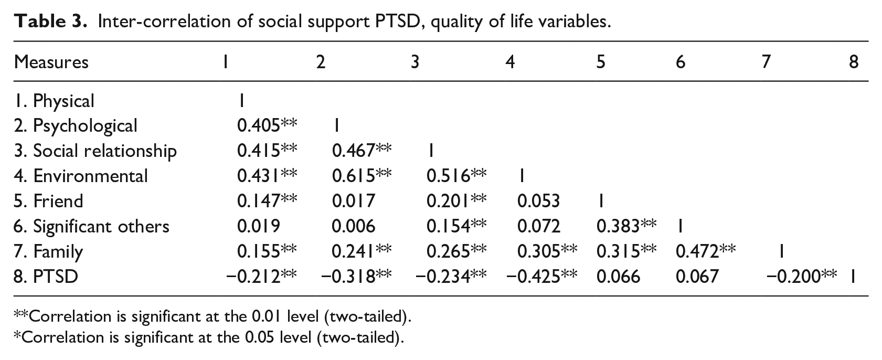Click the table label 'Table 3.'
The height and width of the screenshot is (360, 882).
coord(50,22)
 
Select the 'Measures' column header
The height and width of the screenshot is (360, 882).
coord(51,62)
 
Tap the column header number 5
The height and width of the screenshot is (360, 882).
coord(600,62)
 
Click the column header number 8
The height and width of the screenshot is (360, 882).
coord(854,62)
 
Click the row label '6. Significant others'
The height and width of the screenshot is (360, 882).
coord(91,227)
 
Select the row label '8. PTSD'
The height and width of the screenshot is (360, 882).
coord(46,277)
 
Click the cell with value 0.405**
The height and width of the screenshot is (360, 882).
coord(267,125)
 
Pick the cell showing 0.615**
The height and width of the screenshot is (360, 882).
coord(362,176)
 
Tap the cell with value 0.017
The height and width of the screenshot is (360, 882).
coord(353,202)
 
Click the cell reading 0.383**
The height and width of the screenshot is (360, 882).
coord(626,226)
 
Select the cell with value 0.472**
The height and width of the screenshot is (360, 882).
coord(706,251)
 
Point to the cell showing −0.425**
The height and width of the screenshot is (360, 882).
coord(542,277)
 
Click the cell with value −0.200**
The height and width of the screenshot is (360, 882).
coord(802,277)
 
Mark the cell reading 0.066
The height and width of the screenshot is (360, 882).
coord(618,277)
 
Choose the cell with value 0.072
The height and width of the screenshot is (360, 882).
coord(539,226)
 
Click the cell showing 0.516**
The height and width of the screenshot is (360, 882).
coord(456,176)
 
